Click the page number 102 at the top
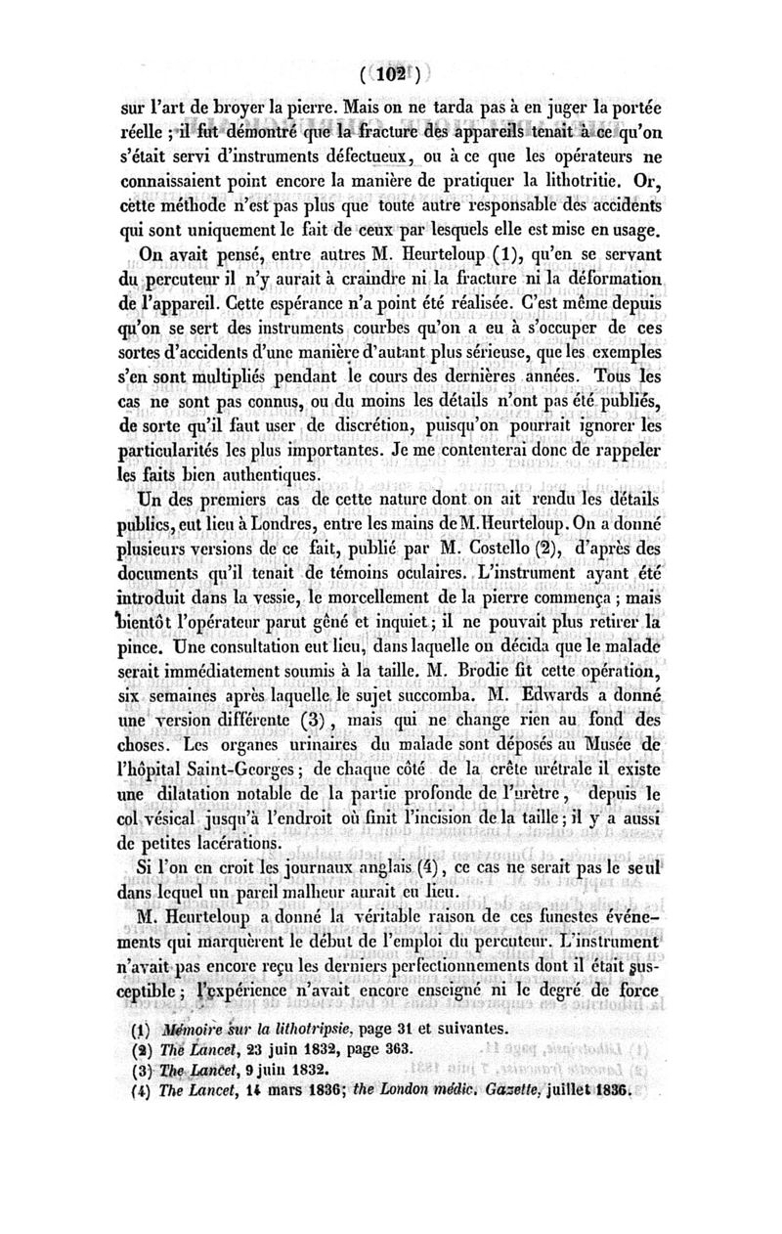point(391,73)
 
